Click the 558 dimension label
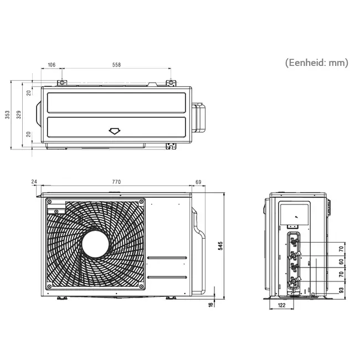116,65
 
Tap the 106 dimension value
51,65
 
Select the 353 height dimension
8,115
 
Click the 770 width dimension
116,182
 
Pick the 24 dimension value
34,182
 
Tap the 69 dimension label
198,182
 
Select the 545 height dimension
220,246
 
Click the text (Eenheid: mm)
317,63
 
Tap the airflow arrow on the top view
115,131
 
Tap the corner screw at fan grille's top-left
49,202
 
